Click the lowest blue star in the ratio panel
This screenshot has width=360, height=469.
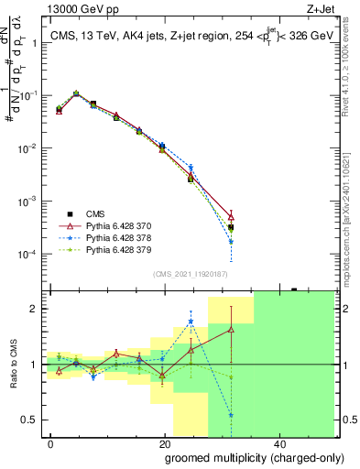pyautogui.click(x=231, y=415)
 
